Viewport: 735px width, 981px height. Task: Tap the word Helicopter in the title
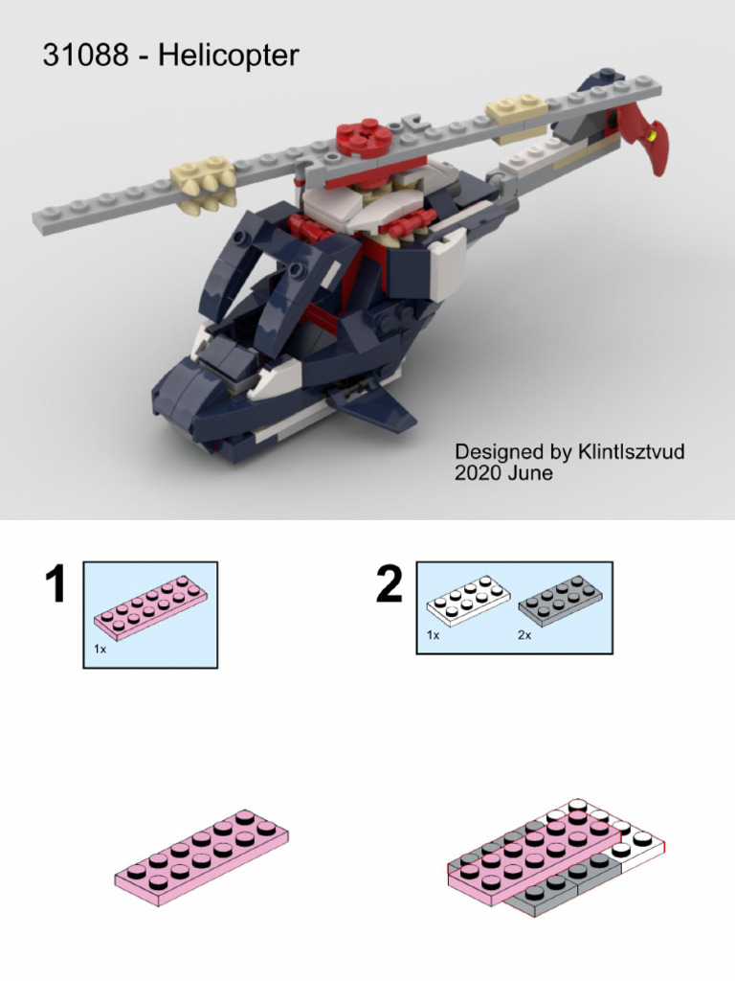tap(228, 56)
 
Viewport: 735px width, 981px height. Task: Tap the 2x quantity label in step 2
tap(523, 635)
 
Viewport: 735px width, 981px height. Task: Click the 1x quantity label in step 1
tap(100, 649)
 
